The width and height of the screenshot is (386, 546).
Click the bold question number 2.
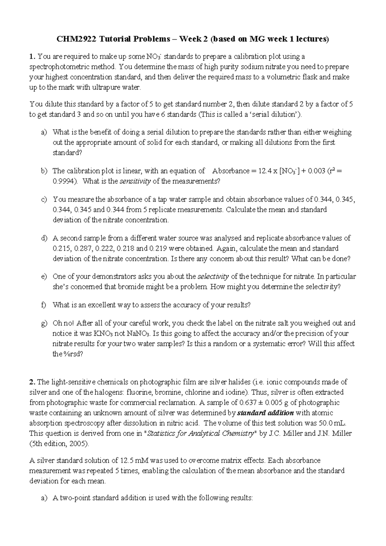[32, 382]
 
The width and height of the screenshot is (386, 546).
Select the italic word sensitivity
[135, 181]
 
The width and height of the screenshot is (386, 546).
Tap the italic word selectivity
[213, 277]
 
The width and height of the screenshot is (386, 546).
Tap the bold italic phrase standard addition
[265, 413]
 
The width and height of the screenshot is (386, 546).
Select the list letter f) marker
[44, 305]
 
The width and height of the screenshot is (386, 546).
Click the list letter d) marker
[44, 238]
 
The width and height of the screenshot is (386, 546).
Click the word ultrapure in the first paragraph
[108, 88]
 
